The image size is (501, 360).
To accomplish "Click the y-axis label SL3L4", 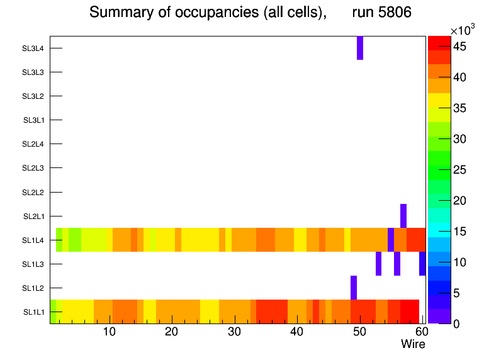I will pos(33,48).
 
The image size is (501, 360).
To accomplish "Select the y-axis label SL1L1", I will pos(33,312).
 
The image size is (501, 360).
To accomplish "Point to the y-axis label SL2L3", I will pos(33,168).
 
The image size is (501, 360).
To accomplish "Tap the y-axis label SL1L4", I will pos(33,240).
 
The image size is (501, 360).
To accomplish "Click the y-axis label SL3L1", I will pos(33,120).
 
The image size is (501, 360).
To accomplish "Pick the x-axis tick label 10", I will pos(110,332).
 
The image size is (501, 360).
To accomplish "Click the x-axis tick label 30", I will pos(234,332).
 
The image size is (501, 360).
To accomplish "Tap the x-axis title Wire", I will pos(413,344).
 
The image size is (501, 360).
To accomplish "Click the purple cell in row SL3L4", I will pos(360,48).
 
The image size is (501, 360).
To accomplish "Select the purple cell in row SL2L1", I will pos(403,216).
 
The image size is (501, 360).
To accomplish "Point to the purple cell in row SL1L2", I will pos(354,288).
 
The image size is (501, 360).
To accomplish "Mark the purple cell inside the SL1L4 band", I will pos(391,240).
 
